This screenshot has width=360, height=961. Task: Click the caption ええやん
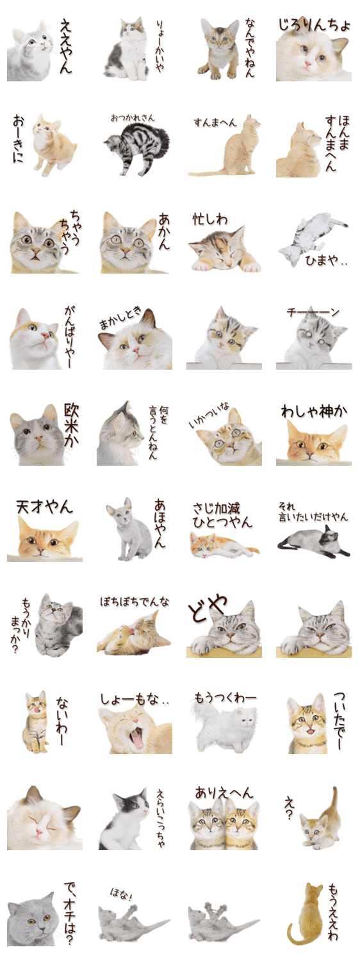coord(66,46)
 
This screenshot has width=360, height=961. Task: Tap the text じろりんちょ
coord(314,26)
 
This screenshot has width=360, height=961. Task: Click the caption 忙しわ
coord(209,220)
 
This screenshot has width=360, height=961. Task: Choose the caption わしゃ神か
coord(314,411)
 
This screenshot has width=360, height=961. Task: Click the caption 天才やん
coord(45,507)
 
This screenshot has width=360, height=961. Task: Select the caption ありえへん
coord(224,793)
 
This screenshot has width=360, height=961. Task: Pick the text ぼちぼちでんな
coord(135,602)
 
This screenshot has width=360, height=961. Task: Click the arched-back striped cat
coord(136,149)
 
